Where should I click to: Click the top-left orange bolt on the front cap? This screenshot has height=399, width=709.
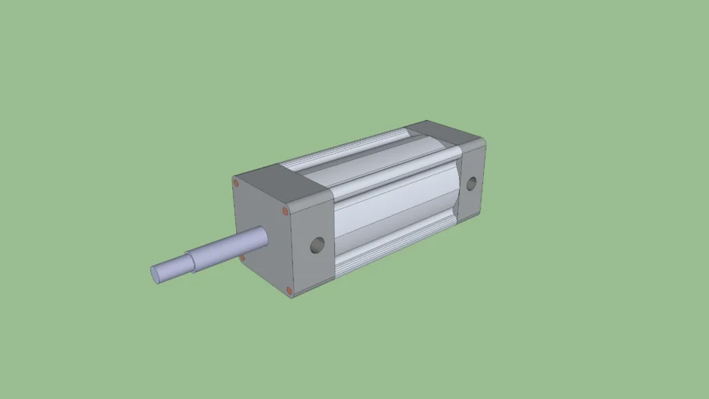click(236, 183)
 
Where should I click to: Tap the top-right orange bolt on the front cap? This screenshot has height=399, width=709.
click(286, 210)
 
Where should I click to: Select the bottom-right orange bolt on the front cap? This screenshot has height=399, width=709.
click(290, 291)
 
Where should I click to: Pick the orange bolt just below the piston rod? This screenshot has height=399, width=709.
click(242, 256)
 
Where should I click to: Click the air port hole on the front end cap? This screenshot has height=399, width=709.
click(316, 245)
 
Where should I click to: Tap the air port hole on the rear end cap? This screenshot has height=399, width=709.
click(471, 184)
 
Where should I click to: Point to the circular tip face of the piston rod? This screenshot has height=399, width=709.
click(156, 274)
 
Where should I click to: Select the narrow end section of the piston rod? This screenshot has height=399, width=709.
click(172, 267)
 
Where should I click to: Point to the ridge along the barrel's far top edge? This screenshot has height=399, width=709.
click(343, 150)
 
